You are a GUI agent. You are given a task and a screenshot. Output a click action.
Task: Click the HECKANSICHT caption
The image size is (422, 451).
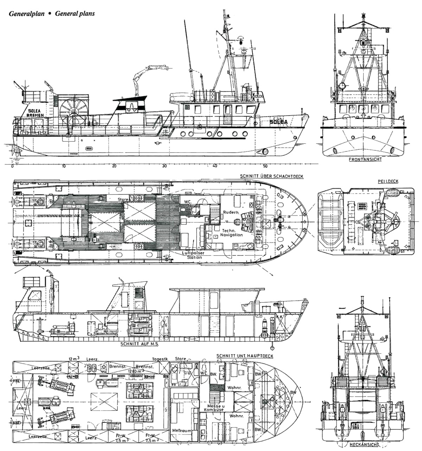[x=364, y=444]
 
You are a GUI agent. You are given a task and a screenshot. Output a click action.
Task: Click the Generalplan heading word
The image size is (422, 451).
[x=24, y=14]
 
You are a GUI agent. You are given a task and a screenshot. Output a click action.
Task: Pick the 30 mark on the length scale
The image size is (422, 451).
[x=164, y=166]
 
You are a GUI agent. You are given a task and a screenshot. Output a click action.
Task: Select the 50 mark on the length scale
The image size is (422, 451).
[x=266, y=166]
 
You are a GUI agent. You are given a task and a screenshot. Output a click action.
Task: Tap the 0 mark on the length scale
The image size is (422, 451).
[x=12, y=166]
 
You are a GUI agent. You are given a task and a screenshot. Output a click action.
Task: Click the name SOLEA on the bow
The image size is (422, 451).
[x=279, y=122]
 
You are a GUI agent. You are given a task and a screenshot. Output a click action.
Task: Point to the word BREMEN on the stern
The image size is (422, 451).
[x=36, y=116]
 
